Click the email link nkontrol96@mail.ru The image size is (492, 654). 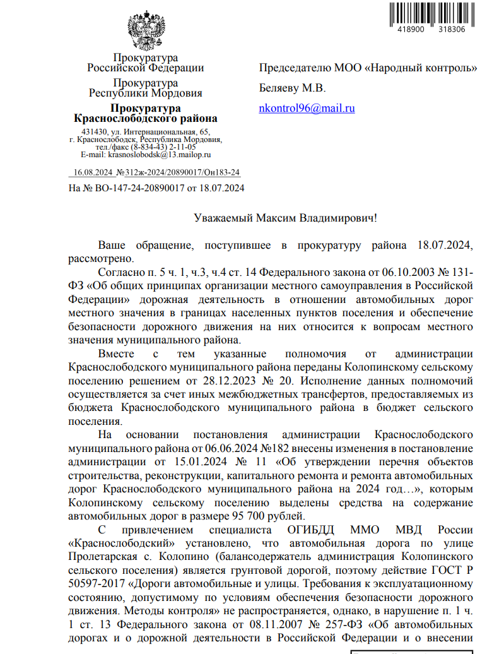click(x=307, y=108)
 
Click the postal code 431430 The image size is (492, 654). click(x=84, y=131)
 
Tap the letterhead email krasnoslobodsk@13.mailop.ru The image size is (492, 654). click(x=159, y=154)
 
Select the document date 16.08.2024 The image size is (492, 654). click(x=93, y=172)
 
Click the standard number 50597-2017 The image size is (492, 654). click(x=95, y=584)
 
